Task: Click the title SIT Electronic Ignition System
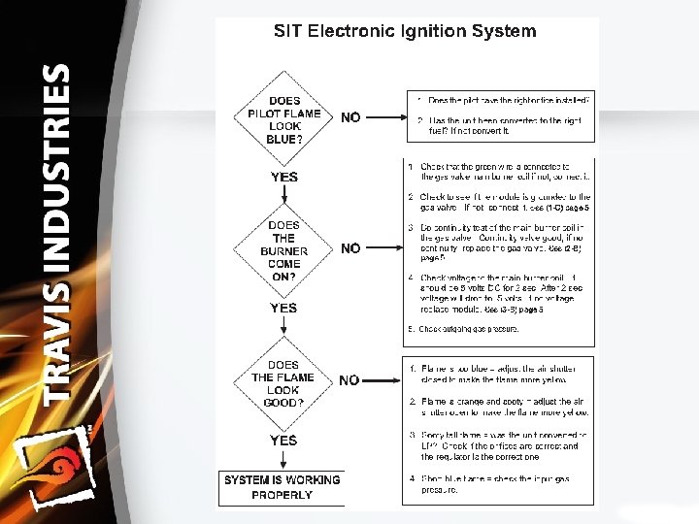point(404,31)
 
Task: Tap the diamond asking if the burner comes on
point(283,250)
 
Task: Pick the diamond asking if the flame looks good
point(283,382)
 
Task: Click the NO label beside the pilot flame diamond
point(350,117)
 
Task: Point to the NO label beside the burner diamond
point(350,248)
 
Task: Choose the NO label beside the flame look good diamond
point(349,380)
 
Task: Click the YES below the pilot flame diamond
point(284,177)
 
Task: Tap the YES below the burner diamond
point(284,308)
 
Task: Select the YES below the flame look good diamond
point(284,441)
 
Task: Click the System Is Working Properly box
point(282,487)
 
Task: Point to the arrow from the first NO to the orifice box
point(384,117)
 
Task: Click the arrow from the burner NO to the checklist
point(384,248)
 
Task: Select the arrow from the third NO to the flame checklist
point(384,380)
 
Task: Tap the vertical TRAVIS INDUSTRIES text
point(57,233)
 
